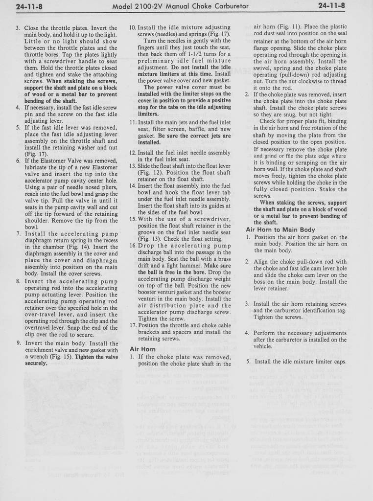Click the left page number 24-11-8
coord(28,6)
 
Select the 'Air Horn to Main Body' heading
coord(280,229)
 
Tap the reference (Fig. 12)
coord(149,173)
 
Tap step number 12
coord(133,153)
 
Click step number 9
coord(18,343)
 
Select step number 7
coord(18,233)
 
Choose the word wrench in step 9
coord(34,357)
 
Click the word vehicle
coord(266,346)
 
